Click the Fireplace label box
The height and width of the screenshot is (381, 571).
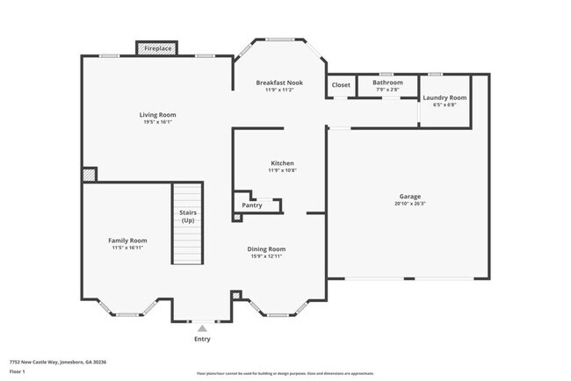coord(158,49)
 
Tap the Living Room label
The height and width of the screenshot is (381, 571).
coord(158,114)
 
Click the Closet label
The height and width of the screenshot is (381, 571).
coord(341,85)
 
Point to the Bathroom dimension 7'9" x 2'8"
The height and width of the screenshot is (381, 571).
coord(387,90)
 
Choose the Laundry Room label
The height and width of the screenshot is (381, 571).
coord(445,97)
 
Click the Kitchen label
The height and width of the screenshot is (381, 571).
coord(282,163)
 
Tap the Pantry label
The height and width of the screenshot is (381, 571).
coord(252,205)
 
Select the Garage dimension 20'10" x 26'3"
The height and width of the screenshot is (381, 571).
coord(408,204)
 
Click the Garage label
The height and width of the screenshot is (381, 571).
coord(408,197)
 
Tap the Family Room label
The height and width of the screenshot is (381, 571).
coord(127,241)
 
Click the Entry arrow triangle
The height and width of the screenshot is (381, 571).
coord(202,327)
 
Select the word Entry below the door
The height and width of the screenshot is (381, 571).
coord(202,339)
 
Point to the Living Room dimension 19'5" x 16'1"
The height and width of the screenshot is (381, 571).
coord(158,122)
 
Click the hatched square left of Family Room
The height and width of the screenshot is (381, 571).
coord(89,176)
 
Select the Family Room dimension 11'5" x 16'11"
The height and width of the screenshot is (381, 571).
coord(127,248)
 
